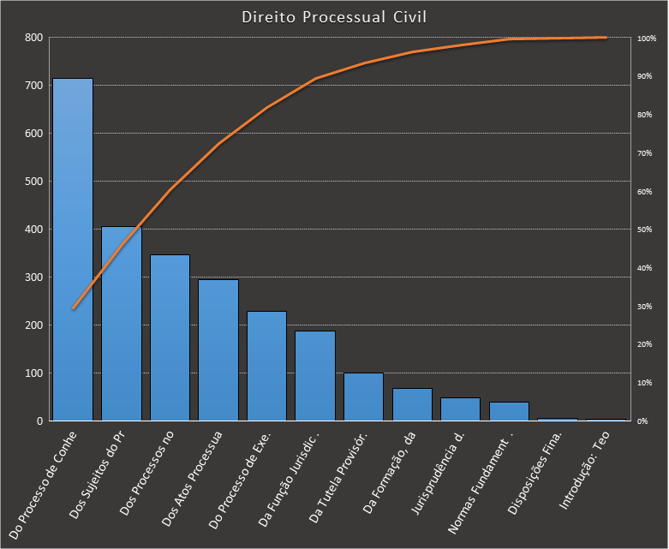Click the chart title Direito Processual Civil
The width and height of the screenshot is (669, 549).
(333, 17)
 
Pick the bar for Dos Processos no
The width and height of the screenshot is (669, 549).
(170, 338)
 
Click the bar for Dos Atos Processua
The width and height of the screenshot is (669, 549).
(218, 350)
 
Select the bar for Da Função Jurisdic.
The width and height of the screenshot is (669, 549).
(315, 376)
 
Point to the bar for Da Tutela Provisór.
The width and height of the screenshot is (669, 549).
(363, 397)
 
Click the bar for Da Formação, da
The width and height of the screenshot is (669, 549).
(412, 405)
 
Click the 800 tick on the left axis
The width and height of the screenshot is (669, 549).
(33, 38)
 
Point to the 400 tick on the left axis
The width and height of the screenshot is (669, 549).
(33, 230)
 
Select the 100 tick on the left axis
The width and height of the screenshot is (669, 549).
(33, 373)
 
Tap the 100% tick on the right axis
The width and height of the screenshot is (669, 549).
(646, 39)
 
